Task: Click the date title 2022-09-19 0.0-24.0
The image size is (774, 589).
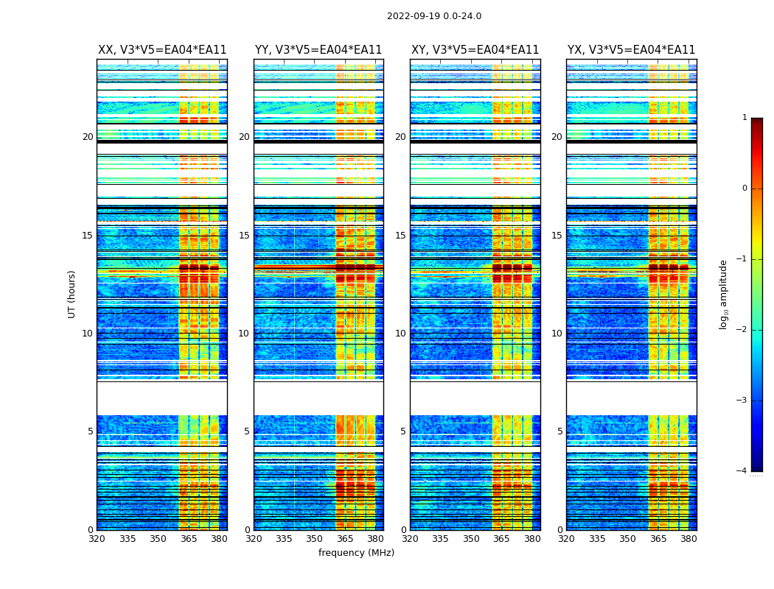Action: (x=433, y=16)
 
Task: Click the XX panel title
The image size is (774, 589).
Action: (x=162, y=50)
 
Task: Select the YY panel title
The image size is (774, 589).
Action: (x=318, y=50)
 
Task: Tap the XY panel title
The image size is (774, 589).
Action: (x=475, y=50)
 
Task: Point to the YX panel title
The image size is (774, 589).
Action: (x=631, y=50)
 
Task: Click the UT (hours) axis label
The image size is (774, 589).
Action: (x=72, y=294)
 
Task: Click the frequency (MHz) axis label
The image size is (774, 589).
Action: (x=356, y=553)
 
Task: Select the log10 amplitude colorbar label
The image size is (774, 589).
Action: (x=724, y=294)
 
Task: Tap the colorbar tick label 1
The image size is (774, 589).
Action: (x=745, y=118)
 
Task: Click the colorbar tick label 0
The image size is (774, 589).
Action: (x=745, y=188)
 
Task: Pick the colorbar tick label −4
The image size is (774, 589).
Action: (x=742, y=471)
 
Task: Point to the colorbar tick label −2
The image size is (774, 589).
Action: (x=742, y=330)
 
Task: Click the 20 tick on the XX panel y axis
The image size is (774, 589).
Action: (x=88, y=137)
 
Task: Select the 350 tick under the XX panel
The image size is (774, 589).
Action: (x=158, y=539)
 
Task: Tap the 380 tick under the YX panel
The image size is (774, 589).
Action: (x=688, y=539)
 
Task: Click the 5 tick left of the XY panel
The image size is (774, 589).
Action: (x=403, y=431)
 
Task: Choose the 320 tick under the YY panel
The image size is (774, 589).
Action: (x=254, y=539)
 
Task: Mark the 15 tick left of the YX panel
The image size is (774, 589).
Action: (x=557, y=236)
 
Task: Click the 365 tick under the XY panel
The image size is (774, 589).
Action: (x=501, y=539)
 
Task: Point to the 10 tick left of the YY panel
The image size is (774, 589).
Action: (x=244, y=334)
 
